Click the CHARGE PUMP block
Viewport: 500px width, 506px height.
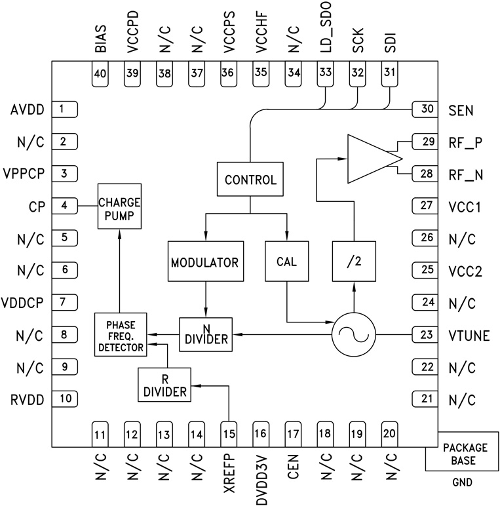119,206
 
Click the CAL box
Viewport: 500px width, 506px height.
286,262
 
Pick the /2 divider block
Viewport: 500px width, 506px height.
354,262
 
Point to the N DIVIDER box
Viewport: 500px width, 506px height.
206,334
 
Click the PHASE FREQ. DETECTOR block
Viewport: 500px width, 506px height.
121,334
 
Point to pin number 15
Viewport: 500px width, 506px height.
228,433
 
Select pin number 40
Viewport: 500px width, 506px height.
100,74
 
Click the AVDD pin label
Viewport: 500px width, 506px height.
26,109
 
